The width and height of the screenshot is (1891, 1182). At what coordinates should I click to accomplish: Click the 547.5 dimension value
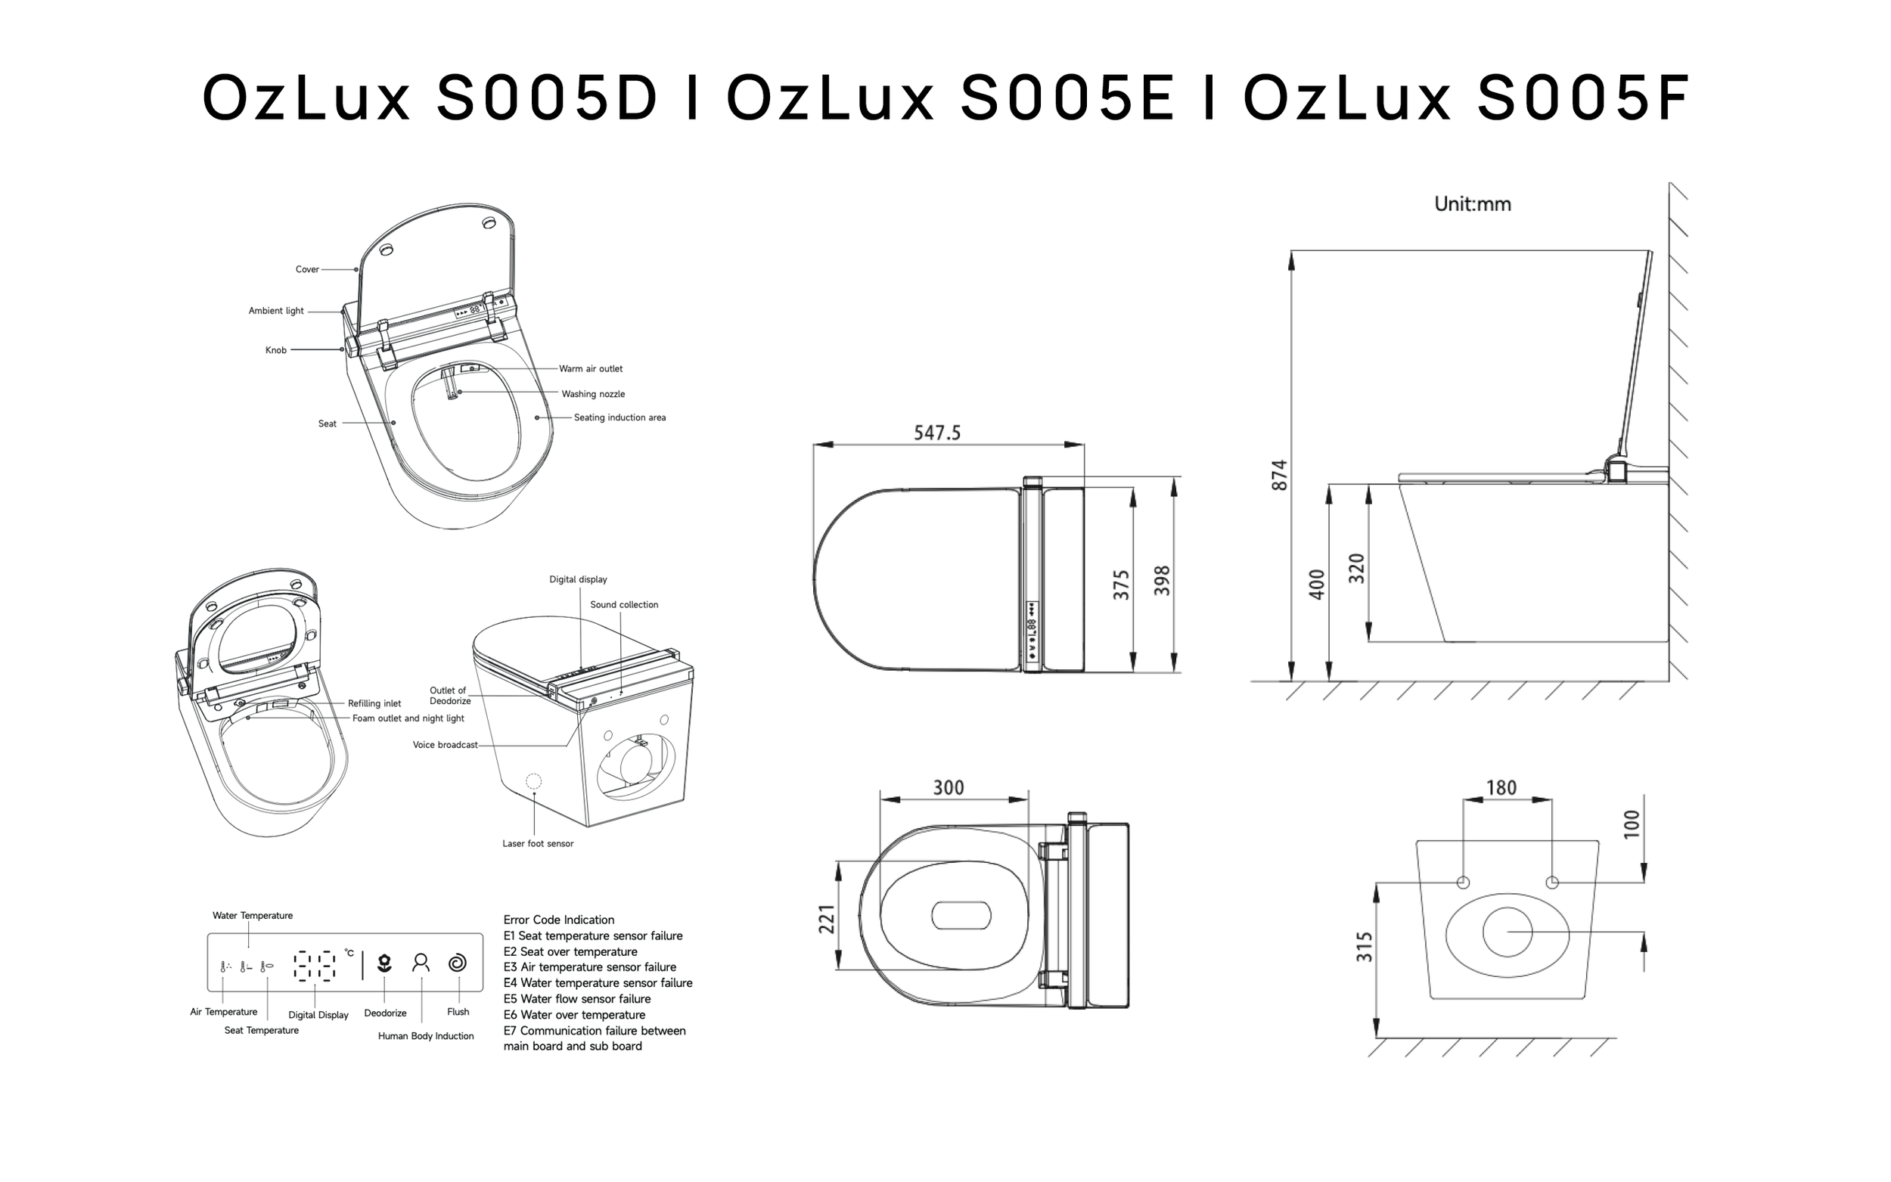[x=937, y=433]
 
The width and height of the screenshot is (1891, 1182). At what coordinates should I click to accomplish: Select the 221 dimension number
[x=827, y=919]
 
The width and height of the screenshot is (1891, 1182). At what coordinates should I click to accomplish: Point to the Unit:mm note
[x=1473, y=204]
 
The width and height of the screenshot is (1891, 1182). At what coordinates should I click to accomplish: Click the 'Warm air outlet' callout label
[x=591, y=369]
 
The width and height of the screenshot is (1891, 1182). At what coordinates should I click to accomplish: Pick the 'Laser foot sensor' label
[x=538, y=843]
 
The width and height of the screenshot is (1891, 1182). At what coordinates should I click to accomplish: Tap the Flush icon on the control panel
[x=458, y=963]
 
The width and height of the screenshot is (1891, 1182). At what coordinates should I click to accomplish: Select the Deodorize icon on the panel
[x=383, y=963]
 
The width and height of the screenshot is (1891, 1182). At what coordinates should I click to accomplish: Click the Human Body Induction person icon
[x=421, y=963]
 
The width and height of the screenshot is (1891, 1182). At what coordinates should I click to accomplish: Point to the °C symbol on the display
[x=349, y=953]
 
